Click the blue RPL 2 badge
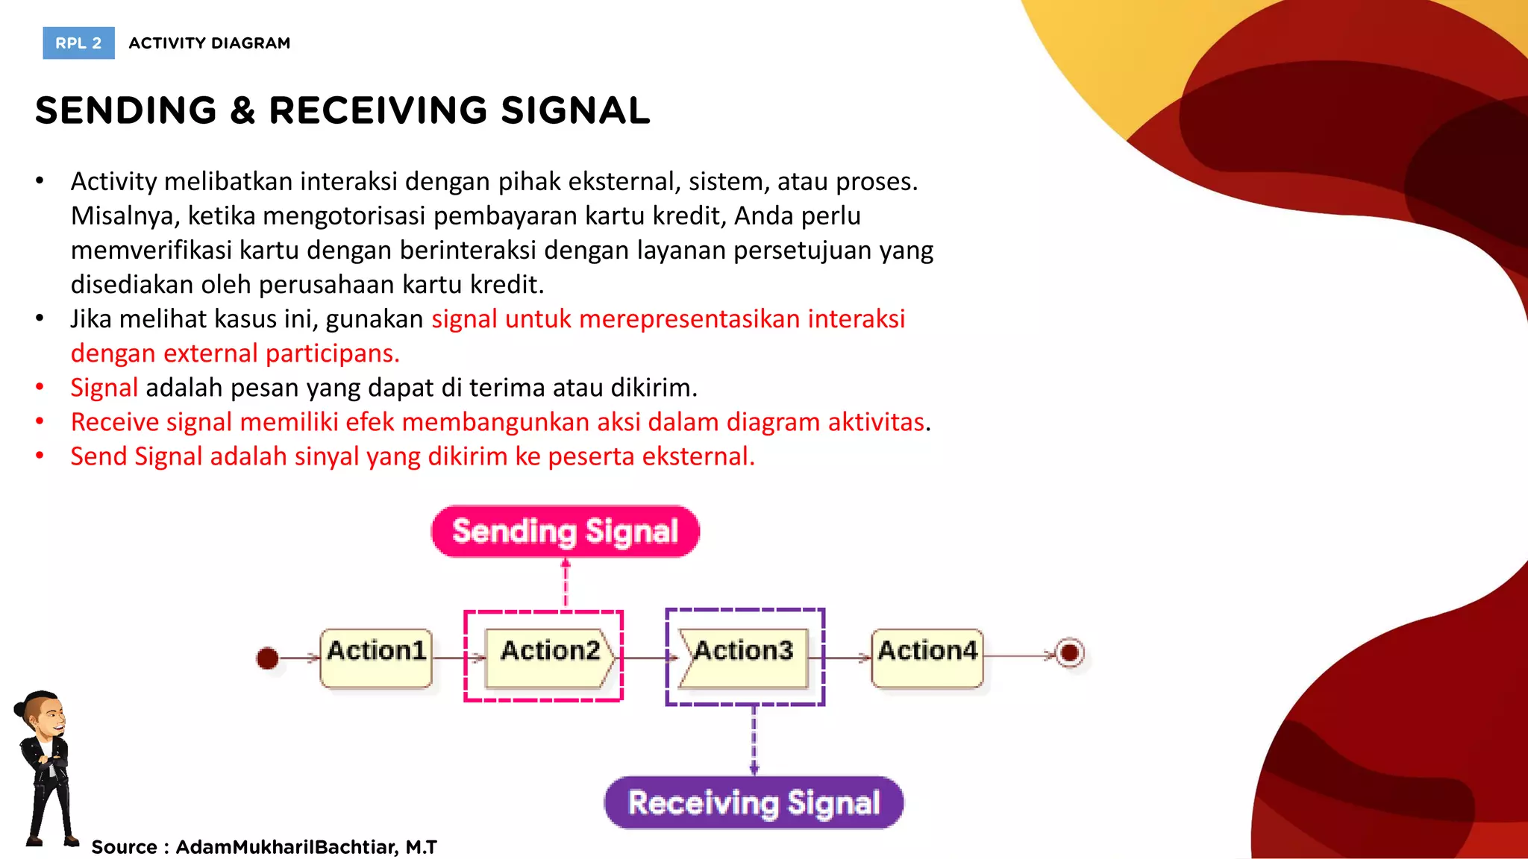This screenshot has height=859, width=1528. pyautogui.click(x=78, y=43)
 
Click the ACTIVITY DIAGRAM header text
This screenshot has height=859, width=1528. pyautogui.click(x=209, y=43)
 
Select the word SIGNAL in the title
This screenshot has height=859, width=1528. pyautogui.click(x=575, y=110)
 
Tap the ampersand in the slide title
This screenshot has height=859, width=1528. pyautogui.click(x=242, y=110)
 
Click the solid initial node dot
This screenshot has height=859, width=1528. pyautogui.click(x=267, y=658)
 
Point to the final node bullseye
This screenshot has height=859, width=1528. pyautogui.click(x=1069, y=653)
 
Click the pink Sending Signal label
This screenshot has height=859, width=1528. pyautogui.click(x=565, y=532)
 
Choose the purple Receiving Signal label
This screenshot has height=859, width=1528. pyautogui.click(x=754, y=803)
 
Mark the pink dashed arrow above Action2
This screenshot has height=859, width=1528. pyautogui.click(x=566, y=584)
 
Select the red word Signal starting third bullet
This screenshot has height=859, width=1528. pyautogui.click(x=104, y=388)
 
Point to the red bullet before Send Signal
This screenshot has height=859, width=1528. pyautogui.click(x=40, y=456)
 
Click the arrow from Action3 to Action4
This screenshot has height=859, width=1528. pyautogui.click(x=848, y=658)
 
